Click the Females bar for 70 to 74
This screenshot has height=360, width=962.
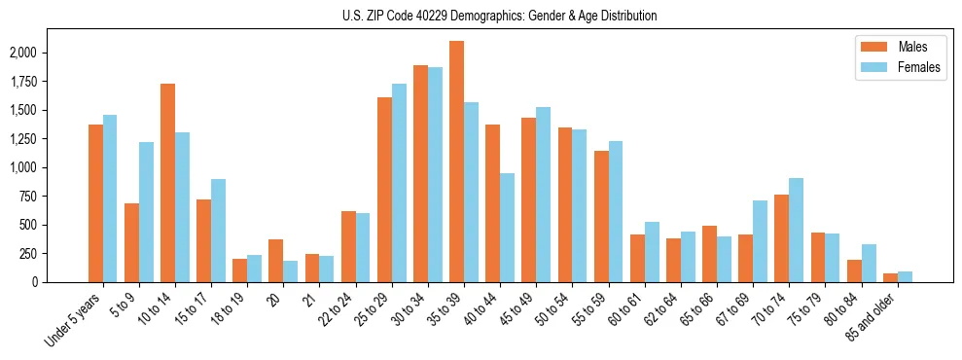(796, 230)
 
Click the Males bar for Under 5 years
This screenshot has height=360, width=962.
(95, 203)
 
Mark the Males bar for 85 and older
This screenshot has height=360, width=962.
(890, 277)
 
